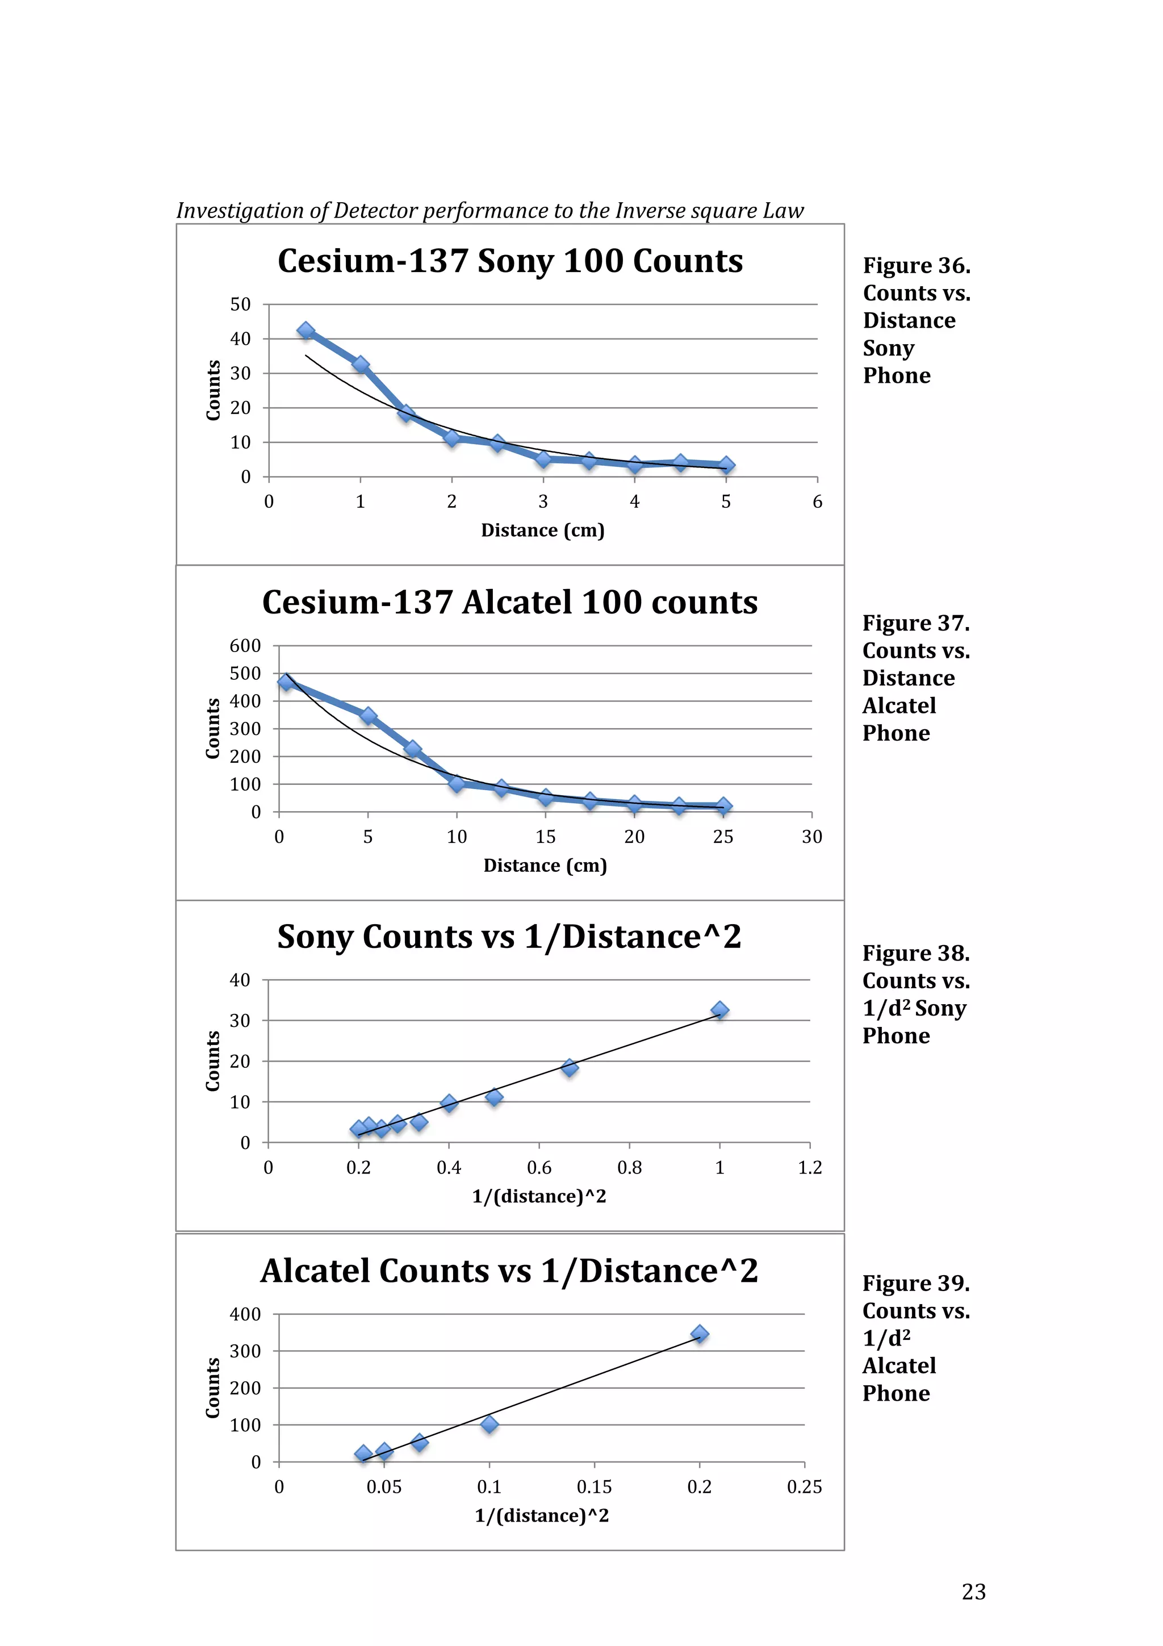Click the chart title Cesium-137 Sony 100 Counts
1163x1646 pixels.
point(509,261)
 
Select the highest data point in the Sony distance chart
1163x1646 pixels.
point(306,331)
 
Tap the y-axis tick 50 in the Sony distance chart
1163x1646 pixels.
point(240,304)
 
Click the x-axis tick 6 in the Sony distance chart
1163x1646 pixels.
point(817,502)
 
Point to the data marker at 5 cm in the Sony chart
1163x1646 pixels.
point(726,465)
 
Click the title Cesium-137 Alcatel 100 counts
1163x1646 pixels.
point(509,602)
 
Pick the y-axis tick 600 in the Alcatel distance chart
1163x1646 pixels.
point(245,646)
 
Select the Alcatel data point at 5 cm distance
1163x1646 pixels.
point(369,716)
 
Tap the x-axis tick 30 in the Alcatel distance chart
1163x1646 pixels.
point(811,837)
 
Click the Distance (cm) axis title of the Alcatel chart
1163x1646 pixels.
point(545,865)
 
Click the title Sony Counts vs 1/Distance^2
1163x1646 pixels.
point(509,937)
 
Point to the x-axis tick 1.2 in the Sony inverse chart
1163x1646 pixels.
point(810,1168)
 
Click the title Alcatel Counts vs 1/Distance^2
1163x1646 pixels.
point(509,1271)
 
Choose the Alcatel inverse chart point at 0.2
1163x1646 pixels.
point(700,1334)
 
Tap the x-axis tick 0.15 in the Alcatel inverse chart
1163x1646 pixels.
point(594,1487)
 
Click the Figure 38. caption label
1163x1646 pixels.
point(915,954)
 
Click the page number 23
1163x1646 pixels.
point(973,1591)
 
